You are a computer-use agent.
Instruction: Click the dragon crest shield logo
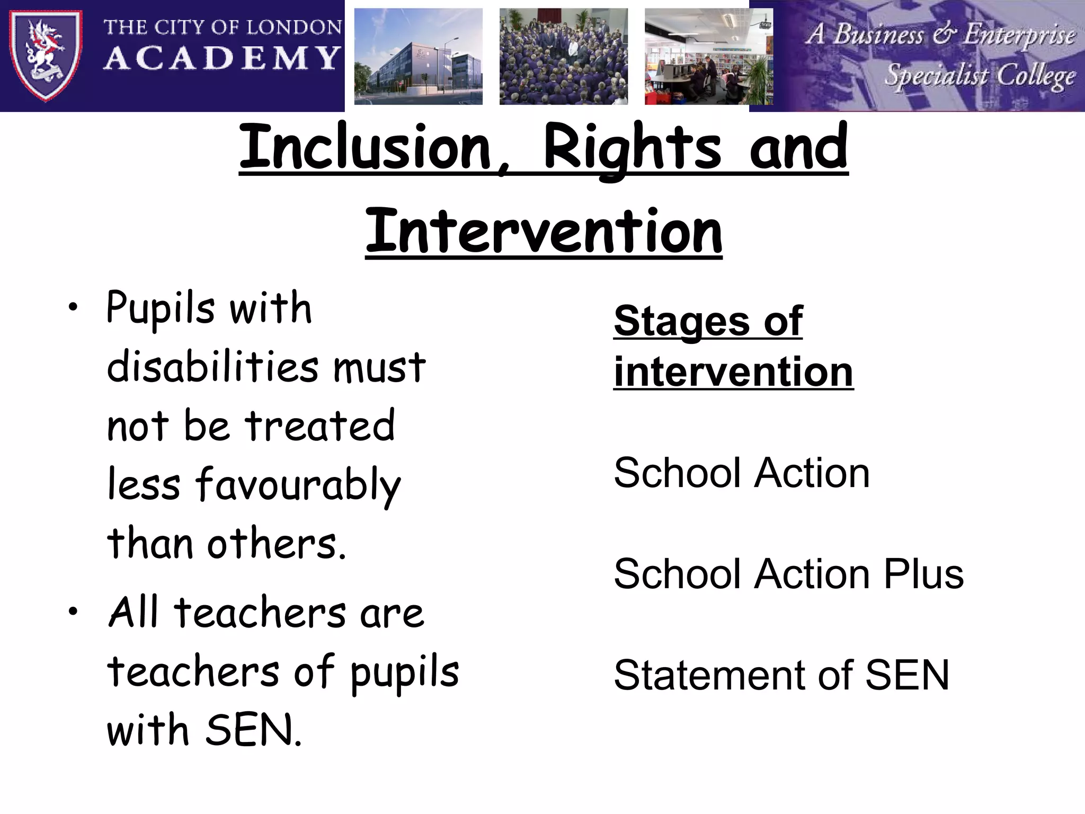46,55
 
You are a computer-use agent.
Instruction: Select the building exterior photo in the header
418,56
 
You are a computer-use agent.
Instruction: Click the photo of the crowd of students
563,56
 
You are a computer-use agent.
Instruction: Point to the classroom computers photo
708,56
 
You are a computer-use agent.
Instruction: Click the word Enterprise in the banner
1019,35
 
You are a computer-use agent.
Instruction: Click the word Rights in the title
632,147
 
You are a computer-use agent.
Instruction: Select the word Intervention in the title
544,232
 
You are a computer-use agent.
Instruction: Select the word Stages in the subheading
681,321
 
